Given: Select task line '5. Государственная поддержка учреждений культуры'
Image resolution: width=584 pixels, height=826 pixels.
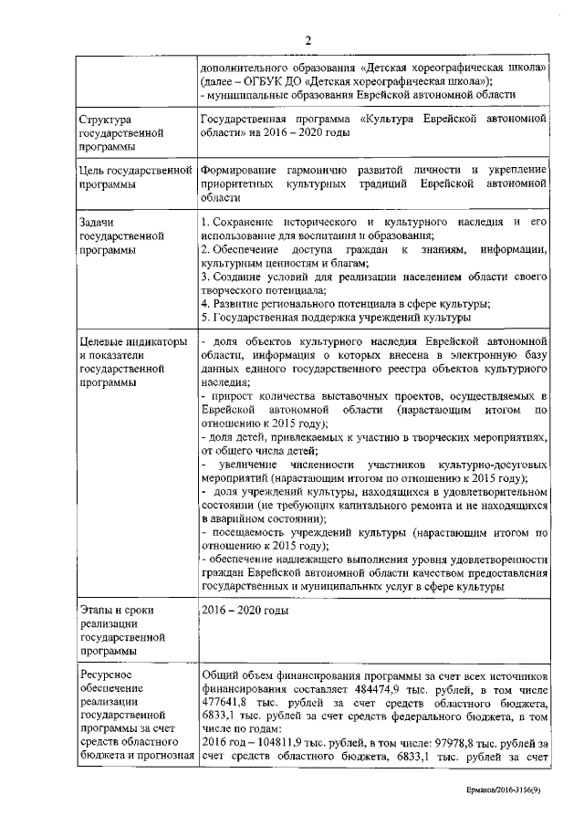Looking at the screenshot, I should click(x=335, y=317).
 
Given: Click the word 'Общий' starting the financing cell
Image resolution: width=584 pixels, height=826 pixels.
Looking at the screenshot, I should click(x=218, y=676).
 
